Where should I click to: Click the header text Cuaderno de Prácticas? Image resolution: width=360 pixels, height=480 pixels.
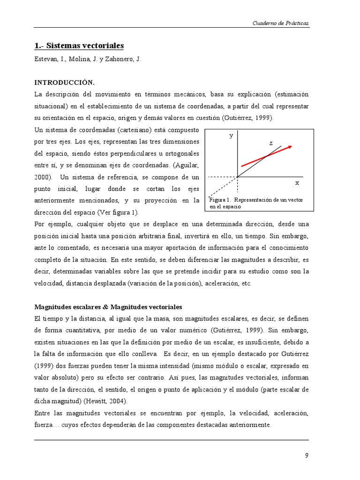[281, 23]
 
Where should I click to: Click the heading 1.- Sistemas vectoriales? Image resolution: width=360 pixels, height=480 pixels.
[79, 46]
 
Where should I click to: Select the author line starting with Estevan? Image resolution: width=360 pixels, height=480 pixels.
[88, 60]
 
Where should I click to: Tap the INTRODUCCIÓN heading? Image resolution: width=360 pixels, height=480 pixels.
[65, 82]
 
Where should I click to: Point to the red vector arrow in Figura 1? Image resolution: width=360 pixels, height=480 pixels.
[266, 156]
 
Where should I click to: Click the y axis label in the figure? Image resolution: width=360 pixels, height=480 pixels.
[231, 136]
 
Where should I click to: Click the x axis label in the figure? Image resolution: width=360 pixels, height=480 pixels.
[297, 182]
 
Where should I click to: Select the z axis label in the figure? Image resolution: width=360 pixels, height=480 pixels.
[270, 143]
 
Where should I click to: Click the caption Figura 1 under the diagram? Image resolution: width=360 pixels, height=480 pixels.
[256, 202]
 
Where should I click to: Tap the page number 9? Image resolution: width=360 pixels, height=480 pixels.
[307, 455]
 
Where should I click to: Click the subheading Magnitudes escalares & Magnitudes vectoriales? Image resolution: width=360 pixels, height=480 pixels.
[108, 307]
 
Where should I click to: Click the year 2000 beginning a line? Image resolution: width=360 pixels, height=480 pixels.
[43, 177]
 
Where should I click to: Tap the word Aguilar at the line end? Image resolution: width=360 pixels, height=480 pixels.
[187, 165]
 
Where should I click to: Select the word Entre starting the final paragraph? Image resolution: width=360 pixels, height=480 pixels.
[44, 413]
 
